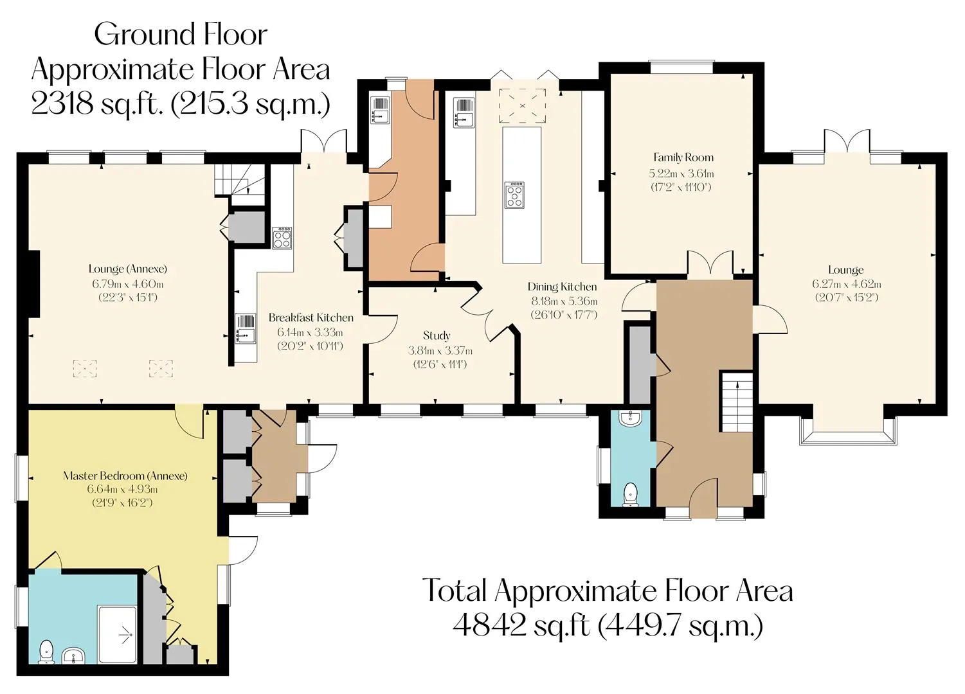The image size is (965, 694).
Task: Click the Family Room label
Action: click(683, 157)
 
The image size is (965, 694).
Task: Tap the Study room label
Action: click(437, 336)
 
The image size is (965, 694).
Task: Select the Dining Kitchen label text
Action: click(562, 287)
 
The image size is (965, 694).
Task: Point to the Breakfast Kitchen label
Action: click(311, 318)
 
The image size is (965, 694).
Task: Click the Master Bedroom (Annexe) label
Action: click(125, 476)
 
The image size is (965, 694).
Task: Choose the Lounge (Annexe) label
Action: click(128, 269)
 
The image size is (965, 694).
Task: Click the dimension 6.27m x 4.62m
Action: click(847, 284)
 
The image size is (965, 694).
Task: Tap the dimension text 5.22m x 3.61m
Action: click(681, 173)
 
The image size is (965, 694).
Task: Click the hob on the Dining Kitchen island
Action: click(514, 195)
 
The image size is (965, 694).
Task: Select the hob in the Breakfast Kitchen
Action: click(282, 238)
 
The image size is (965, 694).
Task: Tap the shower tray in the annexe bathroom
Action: click(118, 634)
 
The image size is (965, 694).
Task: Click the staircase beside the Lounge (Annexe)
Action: click(240, 185)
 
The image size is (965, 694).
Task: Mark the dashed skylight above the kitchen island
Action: click(522, 105)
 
